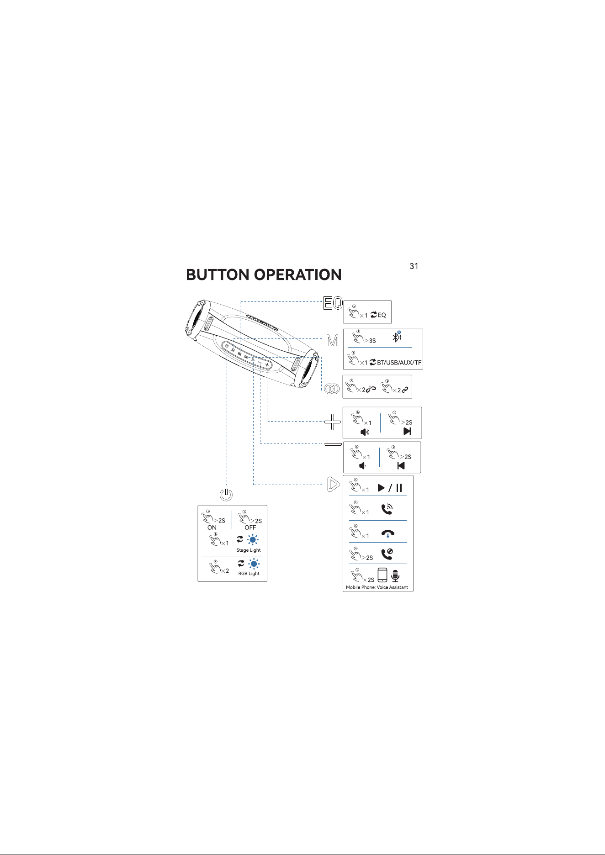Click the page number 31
point(414,266)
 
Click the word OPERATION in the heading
point(297,275)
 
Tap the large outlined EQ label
point(333,303)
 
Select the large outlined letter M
point(333,341)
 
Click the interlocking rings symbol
point(332,389)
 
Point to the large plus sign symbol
point(333,422)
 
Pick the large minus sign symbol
point(333,444)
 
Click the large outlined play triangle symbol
point(334,484)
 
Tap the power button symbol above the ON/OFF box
point(226,494)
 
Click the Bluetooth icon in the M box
point(397,337)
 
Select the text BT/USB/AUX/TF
point(399,363)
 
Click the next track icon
point(407,431)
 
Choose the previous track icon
point(401,466)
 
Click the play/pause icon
point(390,488)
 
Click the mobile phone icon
point(382,575)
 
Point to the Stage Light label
point(249,550)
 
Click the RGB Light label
point(249,574)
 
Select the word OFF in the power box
point(250,528)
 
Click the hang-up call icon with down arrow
point(387,533)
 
